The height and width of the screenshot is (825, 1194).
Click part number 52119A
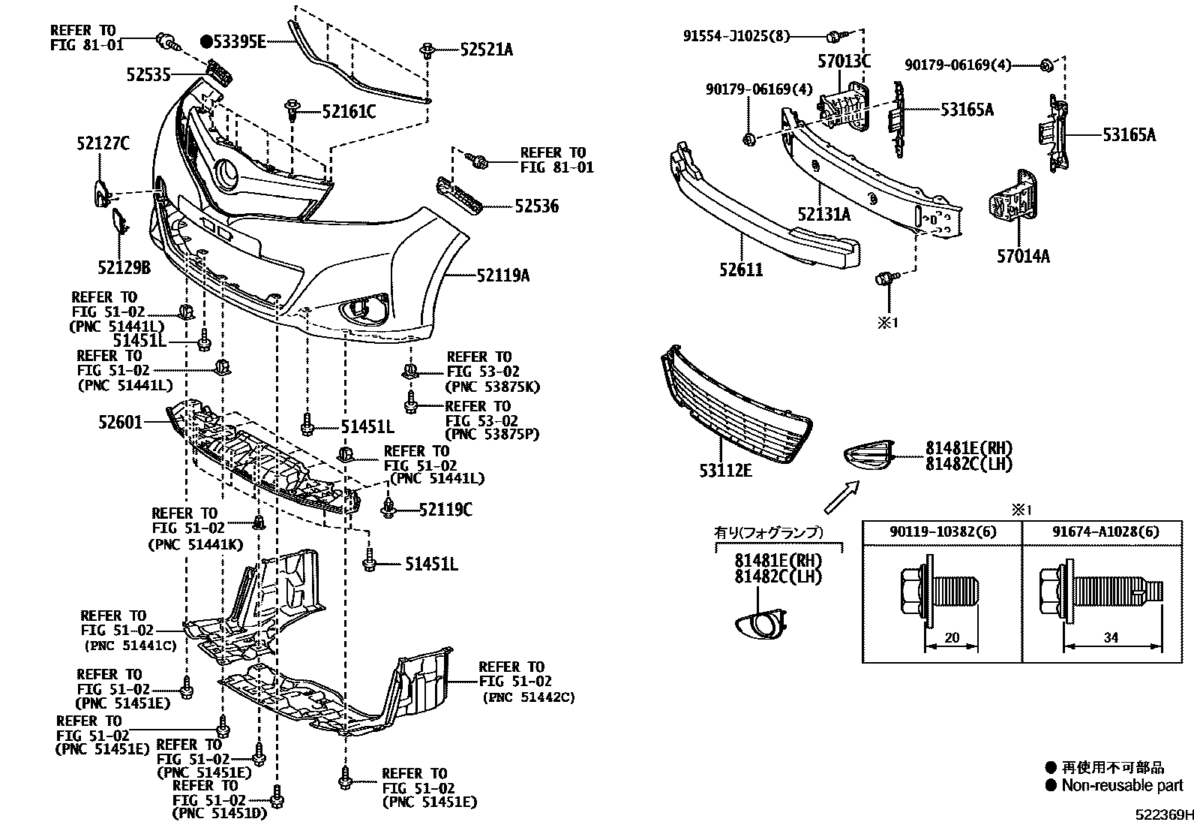click(503, 276)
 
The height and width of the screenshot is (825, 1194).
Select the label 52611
click(741, 269)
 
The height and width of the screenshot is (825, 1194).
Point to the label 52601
click(120, 423)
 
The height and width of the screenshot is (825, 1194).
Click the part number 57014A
click(1023, 256)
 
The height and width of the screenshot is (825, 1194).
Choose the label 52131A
click(824, 215)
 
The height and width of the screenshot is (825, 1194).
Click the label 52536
click(536, 206)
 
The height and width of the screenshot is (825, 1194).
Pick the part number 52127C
click(103, 143)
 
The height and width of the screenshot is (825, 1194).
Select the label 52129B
click(124, 266)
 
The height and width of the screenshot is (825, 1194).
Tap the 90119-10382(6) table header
click(942, 532)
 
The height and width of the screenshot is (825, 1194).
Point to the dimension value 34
click(1111, 637)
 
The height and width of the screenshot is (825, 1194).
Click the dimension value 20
click(952, 637)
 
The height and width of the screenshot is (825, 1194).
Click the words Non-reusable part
click(1122, 785)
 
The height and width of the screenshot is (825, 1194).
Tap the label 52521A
click(487, 50)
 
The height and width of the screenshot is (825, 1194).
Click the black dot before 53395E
click(206, 41)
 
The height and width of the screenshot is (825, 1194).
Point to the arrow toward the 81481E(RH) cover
click(841, 498)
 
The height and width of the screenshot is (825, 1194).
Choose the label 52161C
click(349, 112)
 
